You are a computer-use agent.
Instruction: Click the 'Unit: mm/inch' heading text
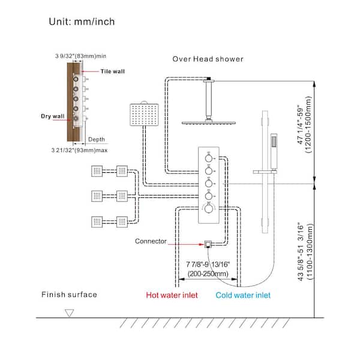[82, 22]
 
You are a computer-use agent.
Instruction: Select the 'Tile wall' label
[112, 71]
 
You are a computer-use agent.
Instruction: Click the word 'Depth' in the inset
[97, 139]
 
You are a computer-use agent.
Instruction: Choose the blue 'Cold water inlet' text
[243, 295]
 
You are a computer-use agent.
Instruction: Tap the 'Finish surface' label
[69, 295]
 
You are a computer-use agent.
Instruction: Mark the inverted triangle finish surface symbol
[69, 313]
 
